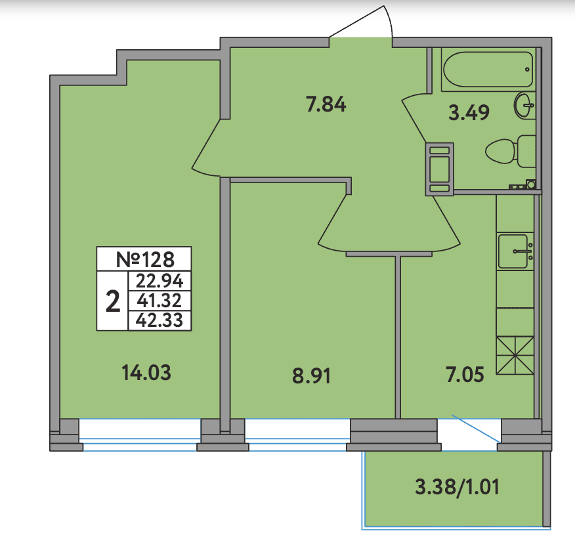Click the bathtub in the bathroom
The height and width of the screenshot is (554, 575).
pos(488,70)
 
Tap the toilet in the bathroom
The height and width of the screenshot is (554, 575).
pos(511,151)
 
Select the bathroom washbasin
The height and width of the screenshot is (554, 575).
pos(524,106)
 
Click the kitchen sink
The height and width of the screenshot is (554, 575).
pos(515,251)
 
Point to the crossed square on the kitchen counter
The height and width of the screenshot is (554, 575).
pos(515,356)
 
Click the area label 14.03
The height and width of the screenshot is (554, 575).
pos(146,373)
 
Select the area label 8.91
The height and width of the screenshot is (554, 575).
pos(311,376)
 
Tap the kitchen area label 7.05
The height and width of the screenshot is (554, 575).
pos(465,375)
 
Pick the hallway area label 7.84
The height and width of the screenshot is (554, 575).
pos(326,104)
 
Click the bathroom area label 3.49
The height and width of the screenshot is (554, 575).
pos(469,112)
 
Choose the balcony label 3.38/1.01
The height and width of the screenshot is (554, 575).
pos(457,487)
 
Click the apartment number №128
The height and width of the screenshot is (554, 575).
pos(145,259)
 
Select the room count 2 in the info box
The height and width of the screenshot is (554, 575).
pos(113,301)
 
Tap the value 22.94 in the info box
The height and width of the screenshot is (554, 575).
pos(160,281)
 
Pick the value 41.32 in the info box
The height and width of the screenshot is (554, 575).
pos(160,301)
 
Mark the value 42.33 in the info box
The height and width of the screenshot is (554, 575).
pos(160,320)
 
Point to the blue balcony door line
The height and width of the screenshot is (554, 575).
pos(477,429)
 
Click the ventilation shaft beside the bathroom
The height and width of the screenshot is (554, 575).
pos(439,169)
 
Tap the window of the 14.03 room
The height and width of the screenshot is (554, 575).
pos(140,435)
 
